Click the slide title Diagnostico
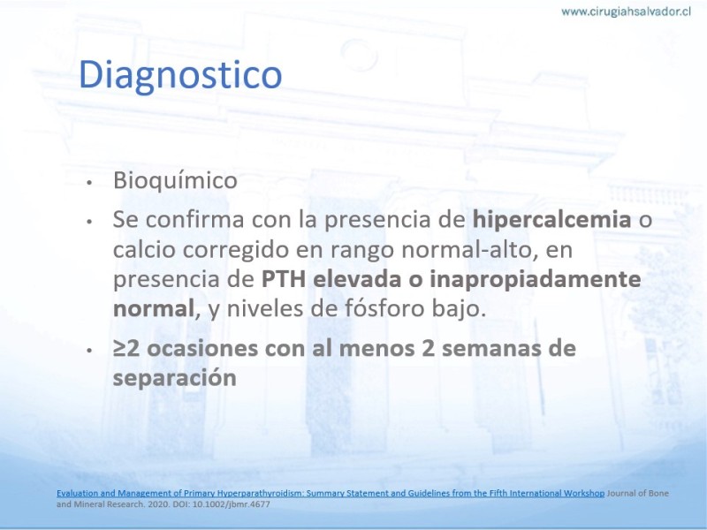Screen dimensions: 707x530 (x=180, y=75)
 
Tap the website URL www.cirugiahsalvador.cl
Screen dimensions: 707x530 (x=626, y=11)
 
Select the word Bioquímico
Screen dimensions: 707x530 (x=175, y=180)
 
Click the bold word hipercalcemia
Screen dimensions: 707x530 (x=551, y=220)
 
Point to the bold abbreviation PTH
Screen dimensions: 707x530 (x=284, y=279)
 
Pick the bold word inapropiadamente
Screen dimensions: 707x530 (x=536, y=280)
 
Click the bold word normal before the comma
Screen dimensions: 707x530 (x=153, y=308)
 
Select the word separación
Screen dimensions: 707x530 (x=174, y=378)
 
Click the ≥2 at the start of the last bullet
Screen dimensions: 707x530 (x=126, y=348)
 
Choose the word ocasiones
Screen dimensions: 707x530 (x=201, y=348)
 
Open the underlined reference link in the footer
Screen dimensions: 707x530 (x=331, y=493)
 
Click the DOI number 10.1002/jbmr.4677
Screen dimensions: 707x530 (x=232, y=503)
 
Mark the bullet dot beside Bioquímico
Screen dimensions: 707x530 (x=90, y=183)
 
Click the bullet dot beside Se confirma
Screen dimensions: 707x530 (x=90, y=222)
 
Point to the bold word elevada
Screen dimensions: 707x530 (x=357, y=279)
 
